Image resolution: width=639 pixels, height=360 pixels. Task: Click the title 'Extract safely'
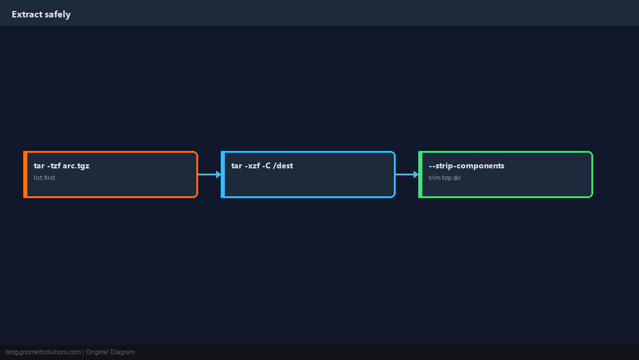[41, 15]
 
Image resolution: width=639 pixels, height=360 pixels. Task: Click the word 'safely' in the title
[58, 15]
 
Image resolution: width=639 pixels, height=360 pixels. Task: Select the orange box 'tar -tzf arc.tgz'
[110, 174]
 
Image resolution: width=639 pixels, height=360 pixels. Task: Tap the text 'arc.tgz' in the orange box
[76, 165]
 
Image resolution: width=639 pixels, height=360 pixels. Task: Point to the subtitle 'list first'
[44, 178]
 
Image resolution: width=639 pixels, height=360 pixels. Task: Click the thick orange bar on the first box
[25, 174]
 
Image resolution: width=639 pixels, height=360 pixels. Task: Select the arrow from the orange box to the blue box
[210, 174]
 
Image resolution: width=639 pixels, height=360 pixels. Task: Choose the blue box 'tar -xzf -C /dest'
[308, 174]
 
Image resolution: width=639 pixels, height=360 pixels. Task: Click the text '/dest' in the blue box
[283, 165]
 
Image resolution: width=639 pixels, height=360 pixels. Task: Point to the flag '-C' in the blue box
[266, 165]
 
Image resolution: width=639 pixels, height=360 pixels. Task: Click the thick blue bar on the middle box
[223, 174]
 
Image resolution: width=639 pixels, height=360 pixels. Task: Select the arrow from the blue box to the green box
[407, 174]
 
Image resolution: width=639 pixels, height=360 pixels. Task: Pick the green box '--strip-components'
[506, 174]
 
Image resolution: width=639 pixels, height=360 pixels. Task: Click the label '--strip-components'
[466, 165]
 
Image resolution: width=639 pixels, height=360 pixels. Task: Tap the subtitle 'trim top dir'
[444, 178]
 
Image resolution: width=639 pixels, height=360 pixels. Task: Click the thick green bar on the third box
[421, 174]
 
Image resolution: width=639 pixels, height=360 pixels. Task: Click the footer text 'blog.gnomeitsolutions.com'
[43, 352]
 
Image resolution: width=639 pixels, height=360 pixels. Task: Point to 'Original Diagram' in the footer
[110, 352]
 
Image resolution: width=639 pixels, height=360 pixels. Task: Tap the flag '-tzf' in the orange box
[54, 165]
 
